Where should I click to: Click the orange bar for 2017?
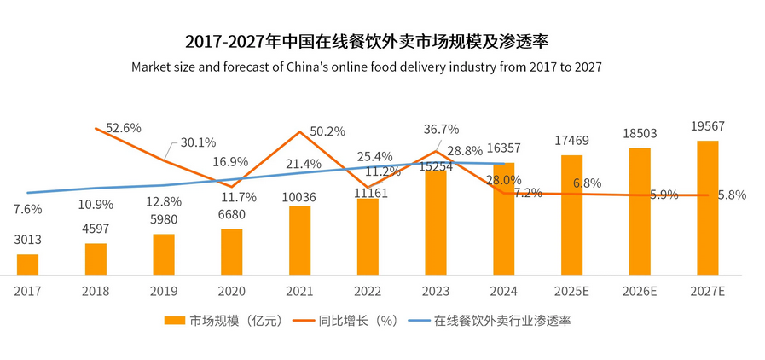point(27,264)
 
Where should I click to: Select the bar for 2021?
point(299,241)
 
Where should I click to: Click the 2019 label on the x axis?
point(163,291)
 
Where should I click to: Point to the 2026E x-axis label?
point(639,291)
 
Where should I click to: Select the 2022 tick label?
point(368,291)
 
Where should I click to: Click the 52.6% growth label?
point(124,128)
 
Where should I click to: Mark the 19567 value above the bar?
point(708,127)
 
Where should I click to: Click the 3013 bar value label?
point(27,241)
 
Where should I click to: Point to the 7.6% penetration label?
point(28,210)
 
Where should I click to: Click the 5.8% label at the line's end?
point(732,195)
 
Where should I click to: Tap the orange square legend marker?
point(175,321)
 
